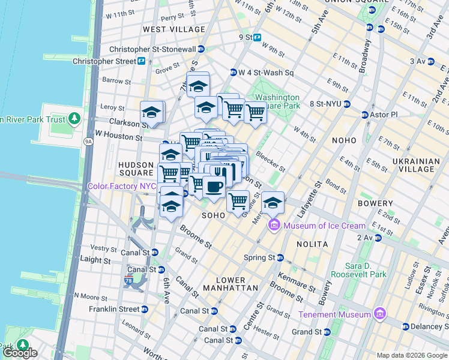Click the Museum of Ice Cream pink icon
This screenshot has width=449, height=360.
tap(274, 226)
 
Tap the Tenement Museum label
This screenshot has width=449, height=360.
tap(334, 314)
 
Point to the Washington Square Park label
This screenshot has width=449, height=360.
tap(277, 101)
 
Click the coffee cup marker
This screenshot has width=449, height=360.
tap(214, 187)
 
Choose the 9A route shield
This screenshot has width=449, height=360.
tap(89, 142)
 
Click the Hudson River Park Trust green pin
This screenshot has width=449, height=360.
tap(74, 119)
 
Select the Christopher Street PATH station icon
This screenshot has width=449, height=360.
tap(141, 61)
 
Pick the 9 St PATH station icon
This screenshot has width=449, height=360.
tap(257, 37)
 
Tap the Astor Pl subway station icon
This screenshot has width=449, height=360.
tap(364, 115)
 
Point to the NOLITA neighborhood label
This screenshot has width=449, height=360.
tap(312, 244)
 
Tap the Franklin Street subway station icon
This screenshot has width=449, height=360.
tap(144, 309)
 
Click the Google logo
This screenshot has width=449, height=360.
tap(19, 353)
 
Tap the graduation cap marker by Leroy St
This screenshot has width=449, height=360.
tap(152, 112)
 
